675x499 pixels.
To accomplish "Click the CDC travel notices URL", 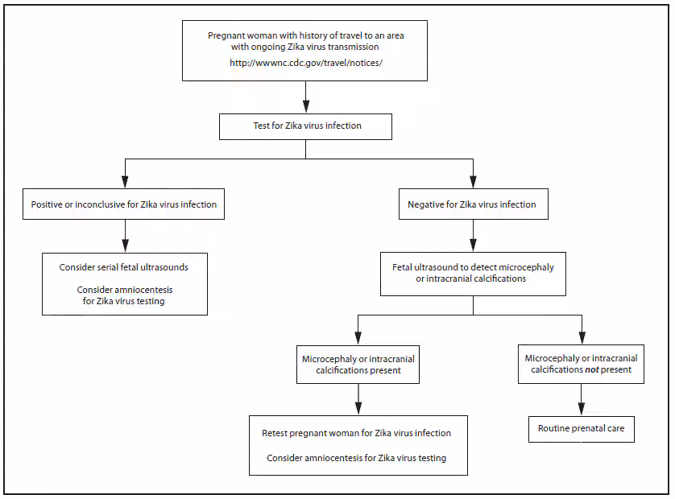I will pyautogui.click(x=305, y=63).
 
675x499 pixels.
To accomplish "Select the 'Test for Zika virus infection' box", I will pyautogui.click(x=305, y=126).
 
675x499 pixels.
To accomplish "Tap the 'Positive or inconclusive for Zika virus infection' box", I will pyautogui.click(x=124, y=204).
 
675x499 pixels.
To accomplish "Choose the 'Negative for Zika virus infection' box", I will pyautogui.click(x=472, y=204).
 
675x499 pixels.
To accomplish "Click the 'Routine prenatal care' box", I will pyautogui.click(x=581, y=428).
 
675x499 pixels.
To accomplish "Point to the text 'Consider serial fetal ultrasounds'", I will pyautogui.click(x=123, y=267).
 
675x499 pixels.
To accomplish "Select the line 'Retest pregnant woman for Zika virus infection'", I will pyautogui.click(x=356, y=433).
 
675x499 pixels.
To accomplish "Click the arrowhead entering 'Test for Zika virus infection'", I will pyautogui.click(x=305, y=106).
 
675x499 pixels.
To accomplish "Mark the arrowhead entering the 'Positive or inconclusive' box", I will pyautogui.click(x=124, y=183).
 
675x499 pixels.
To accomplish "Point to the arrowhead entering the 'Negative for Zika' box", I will pyautogui.click(x=473, y=183).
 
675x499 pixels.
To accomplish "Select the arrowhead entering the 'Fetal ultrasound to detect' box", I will pyautogui.click(x=473, y=245).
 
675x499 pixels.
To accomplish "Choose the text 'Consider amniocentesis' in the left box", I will pyautogui.click(x=124, y=290).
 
